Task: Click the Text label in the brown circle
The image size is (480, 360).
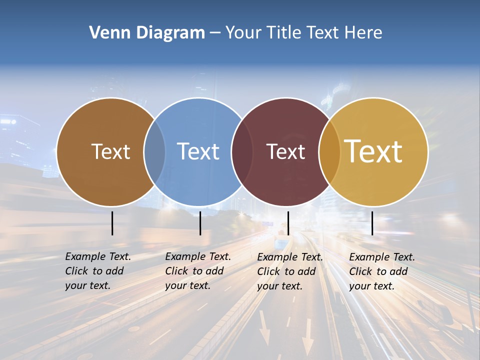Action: click(x=110, y=151)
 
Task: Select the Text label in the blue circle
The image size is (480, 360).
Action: click(x=198, y=151)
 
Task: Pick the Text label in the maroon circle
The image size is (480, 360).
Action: click(x=285, y=151)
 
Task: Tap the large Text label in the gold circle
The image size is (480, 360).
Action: click(x=373, y=151)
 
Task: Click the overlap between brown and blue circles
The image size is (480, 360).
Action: click(x=154, y=152)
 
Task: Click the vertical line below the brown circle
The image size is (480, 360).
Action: click(x=112, y=223)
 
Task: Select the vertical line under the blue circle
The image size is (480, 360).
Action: click(x=200, y=223)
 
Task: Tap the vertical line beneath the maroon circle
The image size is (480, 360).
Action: click(x=288, y=223)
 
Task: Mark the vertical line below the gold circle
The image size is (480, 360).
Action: click(x=372, y=223)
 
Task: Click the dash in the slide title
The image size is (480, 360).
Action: click(x=215, y=33)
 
